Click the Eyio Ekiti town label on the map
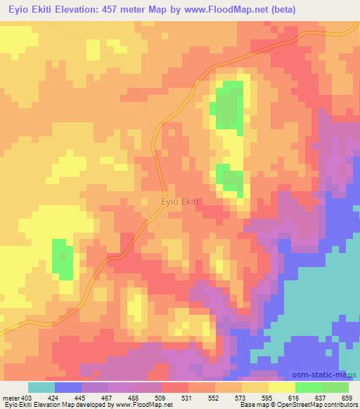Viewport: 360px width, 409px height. point(181,202)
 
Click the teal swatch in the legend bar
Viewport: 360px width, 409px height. point(41,387)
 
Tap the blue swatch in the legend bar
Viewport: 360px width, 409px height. point(68,387)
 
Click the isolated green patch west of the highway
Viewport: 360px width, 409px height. point(63,258)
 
